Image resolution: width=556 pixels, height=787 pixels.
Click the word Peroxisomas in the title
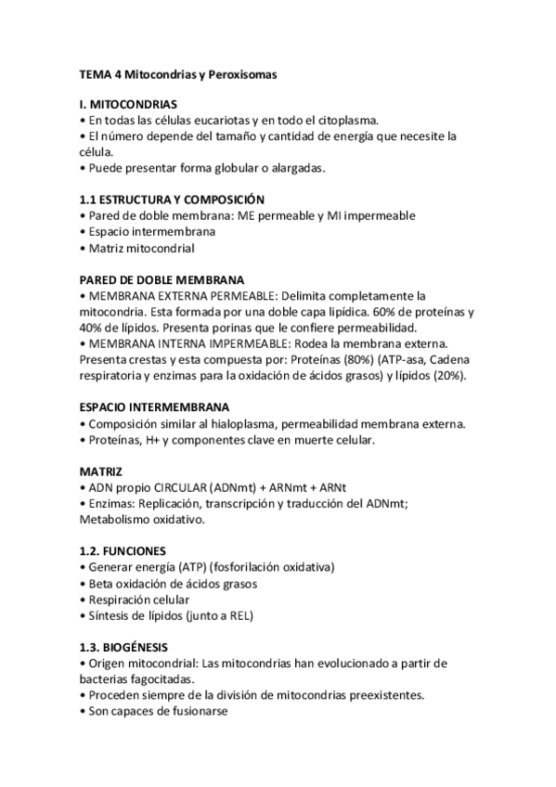(242, 73)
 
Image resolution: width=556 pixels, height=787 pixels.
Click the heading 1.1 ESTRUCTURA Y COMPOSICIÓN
(172, 200)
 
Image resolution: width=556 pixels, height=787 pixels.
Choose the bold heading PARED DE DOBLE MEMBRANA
(162, 279)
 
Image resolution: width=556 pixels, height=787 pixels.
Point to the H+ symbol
(152, 440)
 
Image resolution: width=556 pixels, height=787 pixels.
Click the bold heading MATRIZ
(100, 471)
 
